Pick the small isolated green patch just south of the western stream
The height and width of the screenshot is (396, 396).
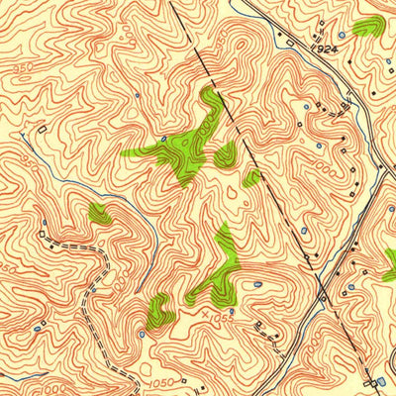[98, 212]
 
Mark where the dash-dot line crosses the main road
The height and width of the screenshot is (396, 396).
[323, 296]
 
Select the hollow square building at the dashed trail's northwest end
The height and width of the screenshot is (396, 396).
[41, 234]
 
